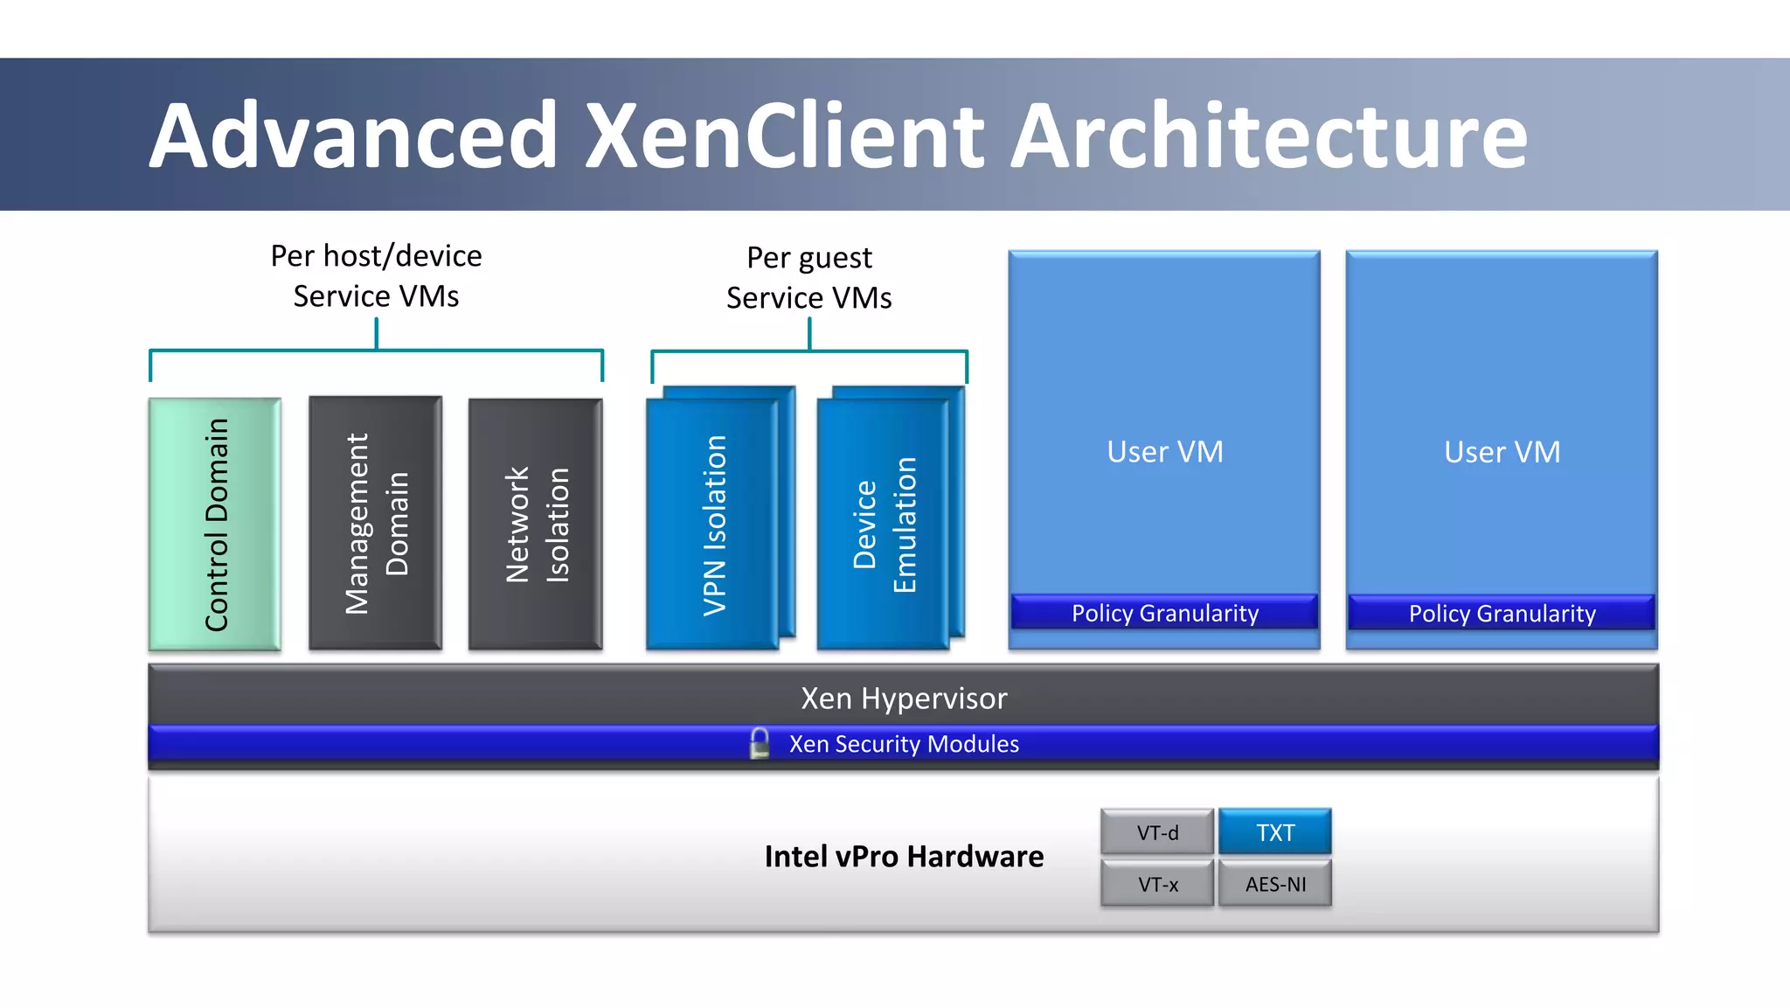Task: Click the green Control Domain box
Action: (215, 524)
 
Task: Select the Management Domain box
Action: (376, 523)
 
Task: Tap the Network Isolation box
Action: (536, 524)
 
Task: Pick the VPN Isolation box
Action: (713, 525)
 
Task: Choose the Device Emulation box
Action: (884, 525)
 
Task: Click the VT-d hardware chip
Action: (1157, 832)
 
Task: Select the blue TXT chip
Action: (1275, 832)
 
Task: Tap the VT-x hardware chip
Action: (1157, 884)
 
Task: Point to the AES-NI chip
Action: (1275, 884)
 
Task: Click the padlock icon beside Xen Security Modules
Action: (760, 743)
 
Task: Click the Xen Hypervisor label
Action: (904, 698)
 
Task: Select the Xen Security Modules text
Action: (904, 744)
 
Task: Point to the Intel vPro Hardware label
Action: (904, 856)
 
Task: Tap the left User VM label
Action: (1164, 451)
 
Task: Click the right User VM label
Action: (1502, 451)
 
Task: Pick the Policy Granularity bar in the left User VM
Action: (1164, 613)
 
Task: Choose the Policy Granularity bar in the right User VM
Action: (1502, 613)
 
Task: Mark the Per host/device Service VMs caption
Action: (376, 275)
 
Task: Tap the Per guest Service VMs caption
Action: (809, 277)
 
